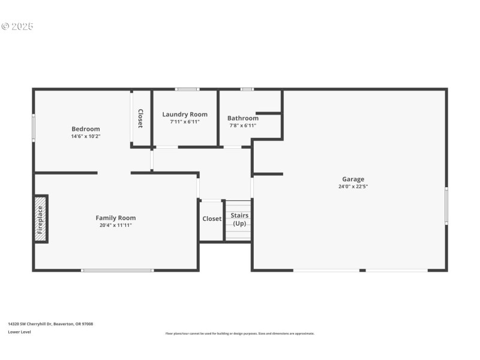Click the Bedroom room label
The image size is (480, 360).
pos(86,129)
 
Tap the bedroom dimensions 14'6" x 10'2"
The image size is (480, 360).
pos(86,136)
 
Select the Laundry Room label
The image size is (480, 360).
pos(185,115)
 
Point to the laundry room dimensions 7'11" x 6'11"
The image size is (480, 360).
pos(185,122)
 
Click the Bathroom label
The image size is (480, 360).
pos(243,118)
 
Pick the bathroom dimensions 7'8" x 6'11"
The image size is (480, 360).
pos(243,125)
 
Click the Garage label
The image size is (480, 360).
pos(353,179)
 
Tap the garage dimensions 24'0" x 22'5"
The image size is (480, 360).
pos(353,186)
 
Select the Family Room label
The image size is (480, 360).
pos(116,218)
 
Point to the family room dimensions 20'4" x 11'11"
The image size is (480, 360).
pos(116,225)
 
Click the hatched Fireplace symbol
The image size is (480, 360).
pos(40,219)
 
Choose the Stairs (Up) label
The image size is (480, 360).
pos(239,219)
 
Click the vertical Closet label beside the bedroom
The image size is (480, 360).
pos(140,119)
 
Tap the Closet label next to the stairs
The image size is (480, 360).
pos(212,219)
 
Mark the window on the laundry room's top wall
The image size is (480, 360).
pos(187,89)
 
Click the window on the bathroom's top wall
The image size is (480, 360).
pos(247,89)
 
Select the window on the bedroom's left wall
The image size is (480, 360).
pos(34,128)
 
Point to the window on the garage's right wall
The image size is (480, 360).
pos(446,206)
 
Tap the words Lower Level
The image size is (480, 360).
pos(19,332)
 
